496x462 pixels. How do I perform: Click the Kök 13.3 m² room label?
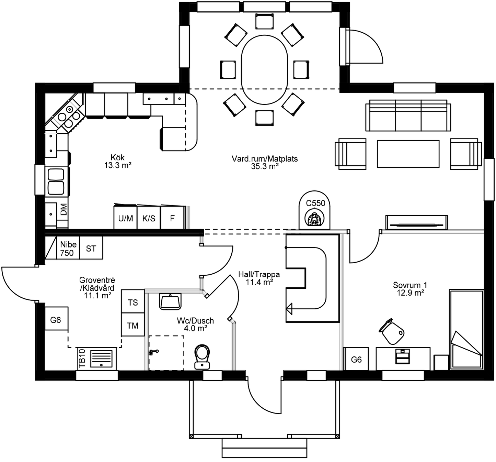click(x=118, y=161)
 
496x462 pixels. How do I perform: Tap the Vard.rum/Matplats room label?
click(x=264, y=163)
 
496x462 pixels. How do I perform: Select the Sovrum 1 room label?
click(x=410, y=289)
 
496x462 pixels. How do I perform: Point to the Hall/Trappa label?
click(x=259, y=278)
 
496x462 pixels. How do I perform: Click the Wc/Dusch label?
click(x=195, y=324)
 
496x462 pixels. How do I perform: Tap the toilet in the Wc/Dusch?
click(x=202, y=356)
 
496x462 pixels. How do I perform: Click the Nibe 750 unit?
click(x=68, y=249)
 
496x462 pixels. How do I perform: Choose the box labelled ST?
click(x=91, y=249)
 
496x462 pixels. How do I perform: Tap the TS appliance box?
click(x=133, y=302)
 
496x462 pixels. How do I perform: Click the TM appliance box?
click(x=133, y=325)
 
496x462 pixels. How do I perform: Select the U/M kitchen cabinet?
click(x=126, y=218)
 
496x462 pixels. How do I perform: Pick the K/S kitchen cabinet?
click(x=149, y=218)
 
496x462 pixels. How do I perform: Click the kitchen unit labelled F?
click(x=172, y=218)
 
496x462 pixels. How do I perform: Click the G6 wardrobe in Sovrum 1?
click(x=356, y=359)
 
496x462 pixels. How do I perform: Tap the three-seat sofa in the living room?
click(x=408, y=115)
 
